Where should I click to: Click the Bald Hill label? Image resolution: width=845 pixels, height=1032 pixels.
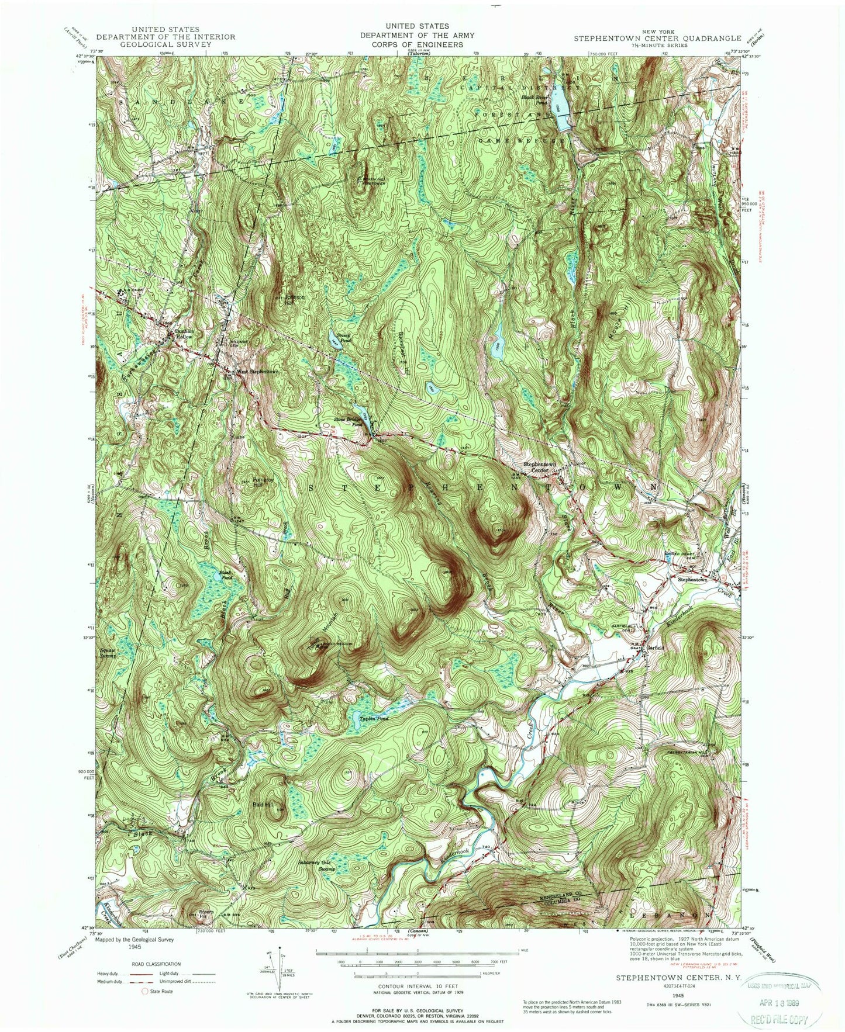click(x=264, y=805)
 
